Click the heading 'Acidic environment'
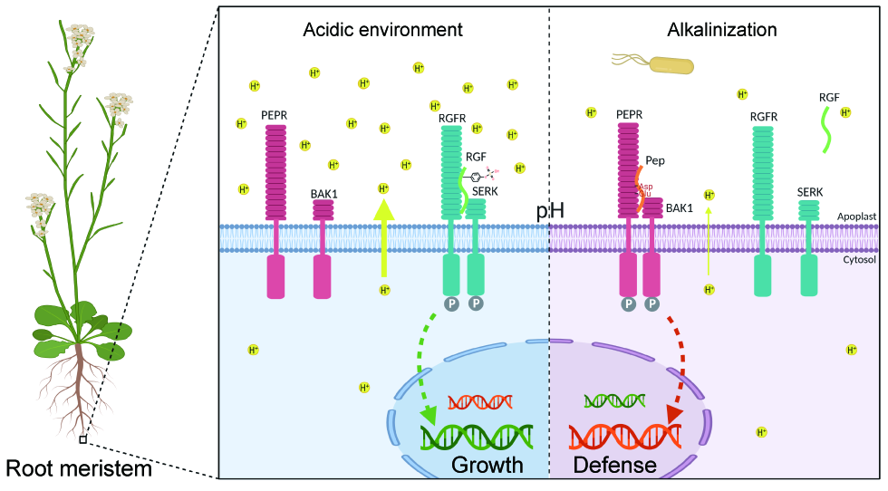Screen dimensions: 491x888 pyautogui.click(x=382, y=30)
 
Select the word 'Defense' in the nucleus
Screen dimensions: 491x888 pyautogui.click(x=615, y=466)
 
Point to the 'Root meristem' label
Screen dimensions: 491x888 pyautogui.click(x=79, y=469)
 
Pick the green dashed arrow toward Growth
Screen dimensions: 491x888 pyautogui.click(x=420, y=371)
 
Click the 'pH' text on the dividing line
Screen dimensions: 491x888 pyautogui.click(x=550, y=211)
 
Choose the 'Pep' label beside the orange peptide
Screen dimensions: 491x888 pyautogui.click(x=656, y=159)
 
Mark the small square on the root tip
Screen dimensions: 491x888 pyautogui.click(x=83, y=440)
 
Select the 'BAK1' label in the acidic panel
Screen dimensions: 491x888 pyautogui.click(x=323, y=192)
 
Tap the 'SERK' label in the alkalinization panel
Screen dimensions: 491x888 pyautogui.click(x=810, y=192)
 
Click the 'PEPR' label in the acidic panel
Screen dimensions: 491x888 pyautogui.click(x=275, y=114)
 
